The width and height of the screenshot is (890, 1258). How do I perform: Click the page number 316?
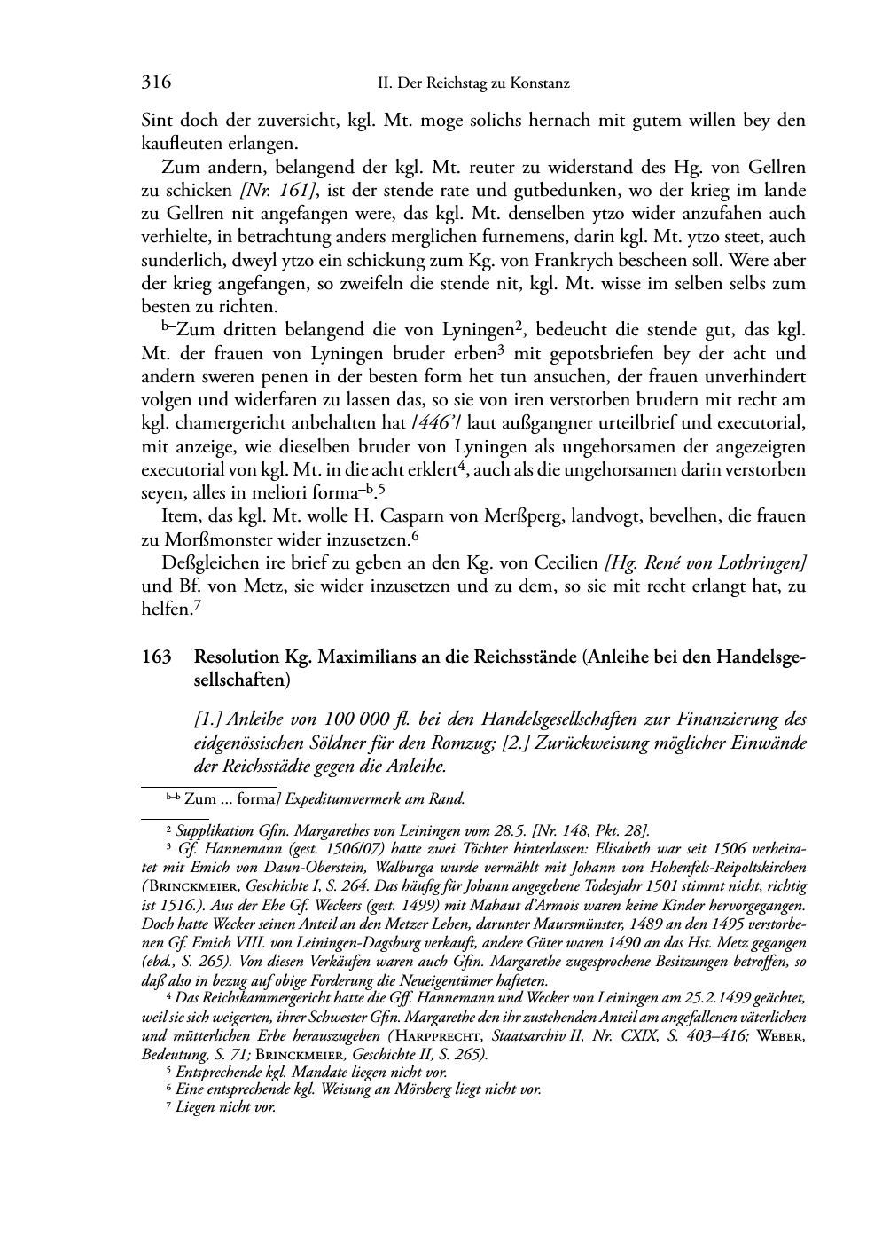[x=156, y=83]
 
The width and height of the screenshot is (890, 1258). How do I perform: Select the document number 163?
[x=156, y=657]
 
